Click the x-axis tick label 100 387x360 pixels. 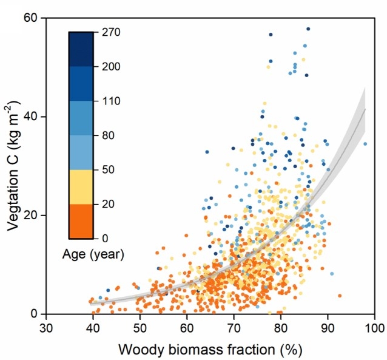(375, 328)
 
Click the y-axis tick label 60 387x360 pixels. (30, 18)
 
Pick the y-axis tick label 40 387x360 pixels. (30, 117)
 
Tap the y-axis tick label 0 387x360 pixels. (34, 314)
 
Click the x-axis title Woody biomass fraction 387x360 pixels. (210, 350)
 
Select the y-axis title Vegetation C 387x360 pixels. (13, 166)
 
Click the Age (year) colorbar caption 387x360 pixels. (93, 255)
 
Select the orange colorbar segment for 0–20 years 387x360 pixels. (81, 221)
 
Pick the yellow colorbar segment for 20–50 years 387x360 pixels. (81, 186)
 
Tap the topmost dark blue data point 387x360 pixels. (308, 29)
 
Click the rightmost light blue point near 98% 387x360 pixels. (365, 144)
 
